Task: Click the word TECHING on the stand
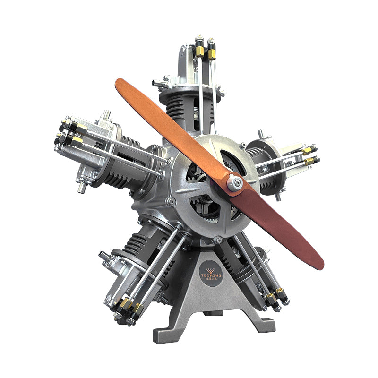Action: pyautogui.click(x=211, y=275)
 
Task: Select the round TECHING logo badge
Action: pyautogui.click(x=211, y=274)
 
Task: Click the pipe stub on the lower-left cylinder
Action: pyautogui.click(x=104, y=256)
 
